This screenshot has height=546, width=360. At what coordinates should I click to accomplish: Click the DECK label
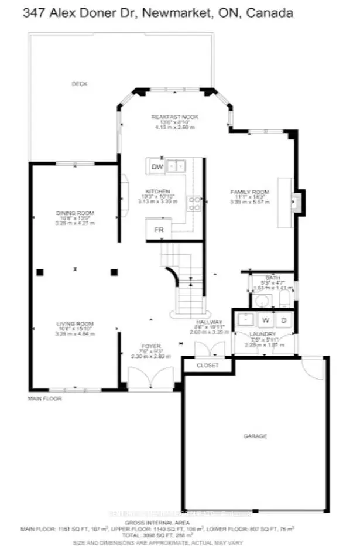coord(79,84)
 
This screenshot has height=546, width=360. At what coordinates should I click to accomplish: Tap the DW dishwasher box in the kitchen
coord(157,167)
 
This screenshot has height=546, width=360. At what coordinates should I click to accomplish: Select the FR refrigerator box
coord(158,230)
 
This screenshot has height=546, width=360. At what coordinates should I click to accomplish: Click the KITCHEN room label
coord(158,192)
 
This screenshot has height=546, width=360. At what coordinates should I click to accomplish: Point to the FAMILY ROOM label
coord(249,192)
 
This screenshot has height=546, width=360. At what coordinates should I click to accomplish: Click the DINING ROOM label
coord(75,213)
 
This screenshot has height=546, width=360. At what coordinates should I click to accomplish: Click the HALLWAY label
coord(209,322)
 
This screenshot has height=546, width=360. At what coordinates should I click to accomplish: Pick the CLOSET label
coord(207,366)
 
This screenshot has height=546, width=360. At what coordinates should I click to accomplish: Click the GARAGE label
coord(255,436)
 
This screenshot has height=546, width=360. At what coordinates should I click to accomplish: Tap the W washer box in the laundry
coord(265,320)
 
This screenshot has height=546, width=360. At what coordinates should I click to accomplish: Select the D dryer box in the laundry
coord(283,320)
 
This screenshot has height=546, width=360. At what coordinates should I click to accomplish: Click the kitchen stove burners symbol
coord(194,203)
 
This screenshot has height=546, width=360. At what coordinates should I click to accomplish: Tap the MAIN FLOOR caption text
coord(44,398)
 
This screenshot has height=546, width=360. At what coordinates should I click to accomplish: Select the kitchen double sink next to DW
coord(176,166)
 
